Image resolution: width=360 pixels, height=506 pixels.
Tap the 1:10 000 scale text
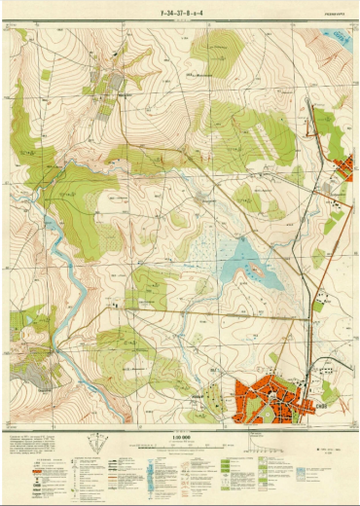tap(179, 437)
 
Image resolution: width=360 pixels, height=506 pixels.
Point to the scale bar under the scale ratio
tap(179, 445)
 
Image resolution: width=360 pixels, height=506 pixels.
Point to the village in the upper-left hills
tap(111, 84)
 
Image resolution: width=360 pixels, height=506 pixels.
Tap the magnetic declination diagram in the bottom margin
tap(95, 447)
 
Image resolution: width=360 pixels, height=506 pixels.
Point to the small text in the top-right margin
tap(330, 15)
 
